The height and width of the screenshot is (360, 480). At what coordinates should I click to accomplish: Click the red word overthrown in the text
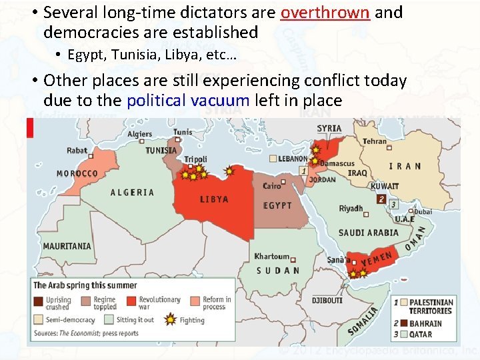pos(325,13)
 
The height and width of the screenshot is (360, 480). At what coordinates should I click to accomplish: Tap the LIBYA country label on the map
pos(214,199)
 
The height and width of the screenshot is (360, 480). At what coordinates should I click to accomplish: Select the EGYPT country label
pos(277,206)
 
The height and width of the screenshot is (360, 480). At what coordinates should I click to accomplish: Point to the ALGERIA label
pos(132,193)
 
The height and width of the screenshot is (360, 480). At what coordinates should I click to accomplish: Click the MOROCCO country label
pos(77,174)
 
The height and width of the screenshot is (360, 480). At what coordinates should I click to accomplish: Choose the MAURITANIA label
pos(67,246)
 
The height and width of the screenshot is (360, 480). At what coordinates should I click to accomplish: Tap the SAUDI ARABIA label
pos(368,233)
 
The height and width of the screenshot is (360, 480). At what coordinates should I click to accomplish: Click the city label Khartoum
pos(272,257)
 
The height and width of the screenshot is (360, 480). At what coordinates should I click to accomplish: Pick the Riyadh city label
pos(351,209)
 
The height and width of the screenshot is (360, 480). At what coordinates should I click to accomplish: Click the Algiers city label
pos(140,134)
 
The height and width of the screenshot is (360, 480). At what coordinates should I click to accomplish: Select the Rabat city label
pos(77,151)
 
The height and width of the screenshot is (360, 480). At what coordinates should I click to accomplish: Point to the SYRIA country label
pos(329,129)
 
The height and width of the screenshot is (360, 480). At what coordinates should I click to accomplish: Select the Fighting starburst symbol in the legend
pos(170,320)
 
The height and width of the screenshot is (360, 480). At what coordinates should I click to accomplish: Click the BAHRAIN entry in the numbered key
pos(425,324)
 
